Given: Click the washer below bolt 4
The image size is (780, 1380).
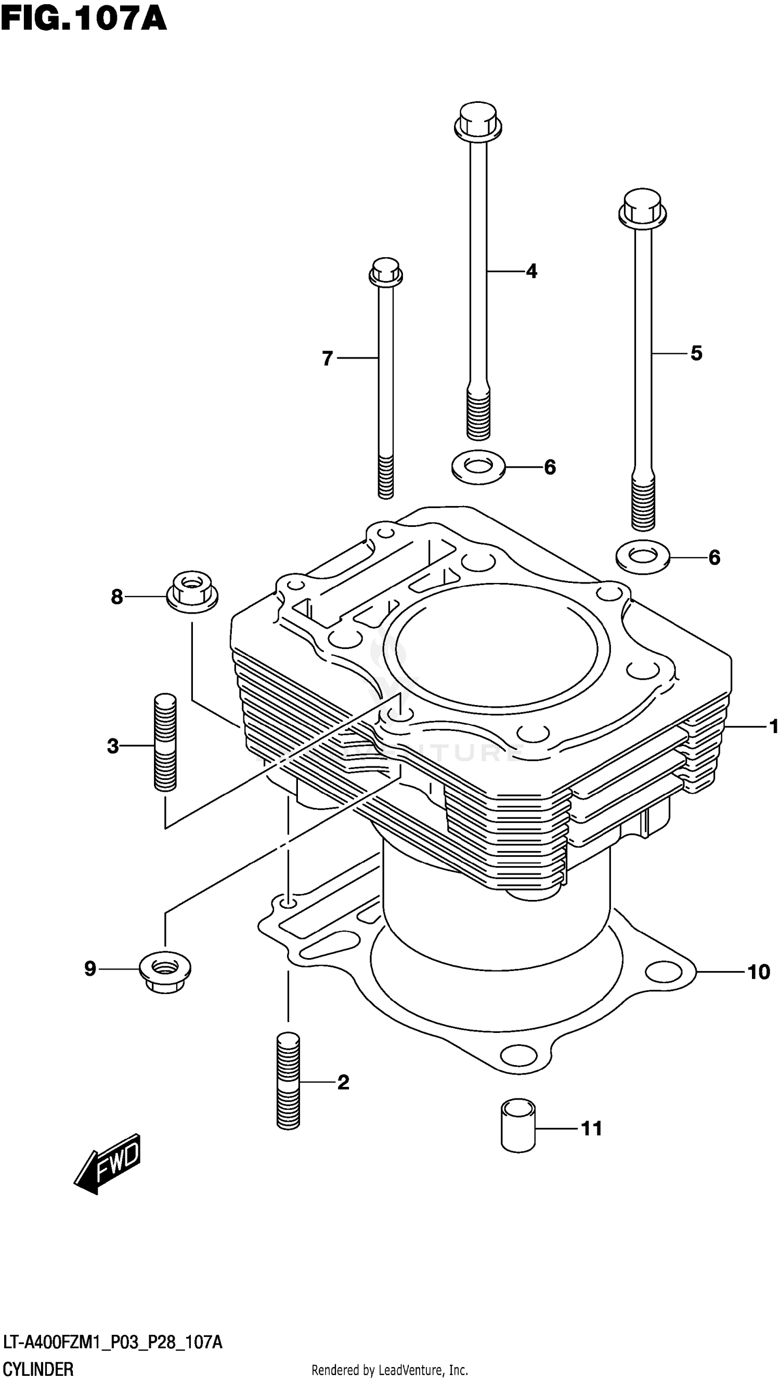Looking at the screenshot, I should (x=478, y=467).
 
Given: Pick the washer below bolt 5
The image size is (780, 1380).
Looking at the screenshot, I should (x=642, y=556).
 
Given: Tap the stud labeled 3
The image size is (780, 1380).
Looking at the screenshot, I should (x=165, y=742).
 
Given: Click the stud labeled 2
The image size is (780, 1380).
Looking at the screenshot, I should (x=289, y=1081).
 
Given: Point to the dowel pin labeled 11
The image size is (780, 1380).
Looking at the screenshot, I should (x=518, y=1125).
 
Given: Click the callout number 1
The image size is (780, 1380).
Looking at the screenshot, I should (x=773, y=726).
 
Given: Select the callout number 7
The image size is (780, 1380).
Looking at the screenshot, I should (x=328, y=358).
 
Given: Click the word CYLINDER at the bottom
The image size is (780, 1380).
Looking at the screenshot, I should (x=38, y=1369).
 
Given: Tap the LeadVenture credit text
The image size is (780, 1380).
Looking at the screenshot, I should (x=389, y=1370).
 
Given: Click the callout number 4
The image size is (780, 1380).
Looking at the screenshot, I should (x=531, y=271).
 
